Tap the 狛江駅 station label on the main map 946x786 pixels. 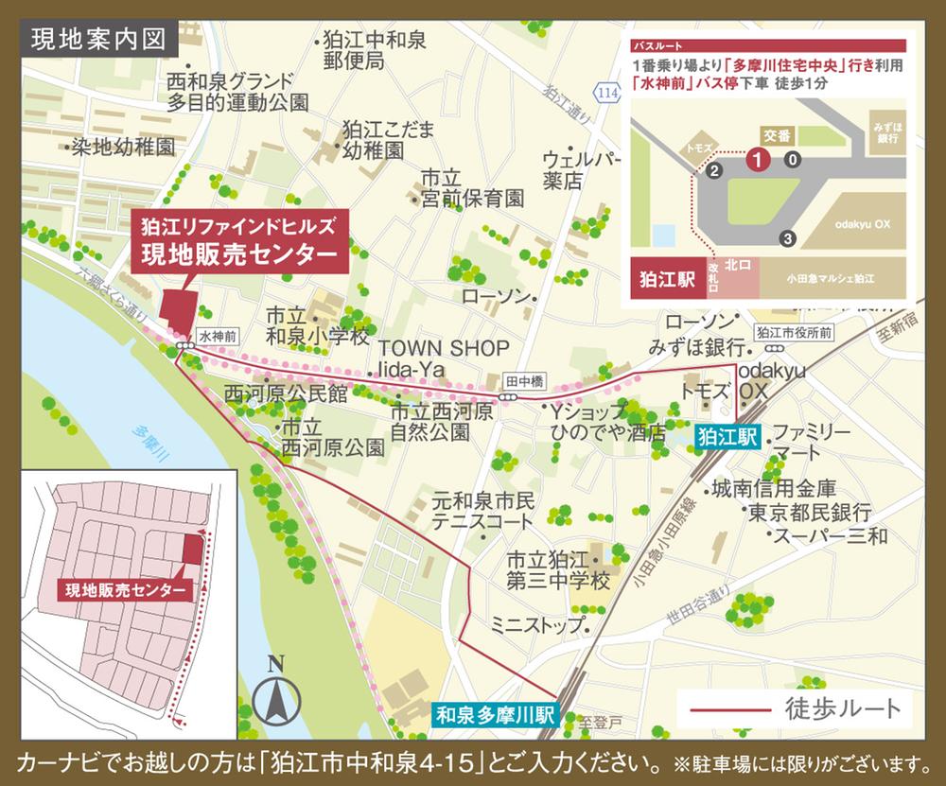pos(726,437)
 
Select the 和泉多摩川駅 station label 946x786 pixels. pos(497,715)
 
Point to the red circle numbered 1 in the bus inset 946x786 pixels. pos(757,159)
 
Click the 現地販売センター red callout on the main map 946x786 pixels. pos(242,242)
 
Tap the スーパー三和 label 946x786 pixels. pos(830,536)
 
